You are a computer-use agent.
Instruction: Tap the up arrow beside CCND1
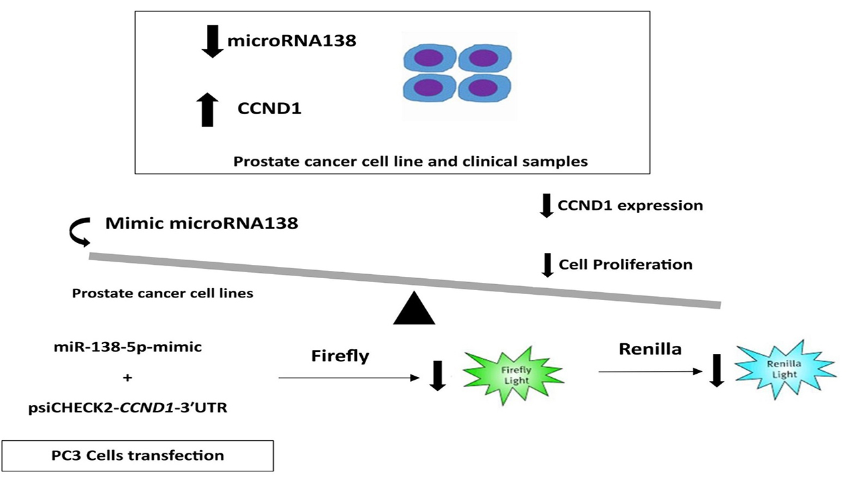[x=208, y=109]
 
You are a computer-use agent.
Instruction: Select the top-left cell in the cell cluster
[x=429, y=60]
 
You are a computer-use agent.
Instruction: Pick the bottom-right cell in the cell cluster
[x=486, y=88]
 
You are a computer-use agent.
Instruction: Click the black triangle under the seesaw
[x=414, y=309]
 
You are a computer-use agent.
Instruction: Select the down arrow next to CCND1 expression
[x=546, y=205]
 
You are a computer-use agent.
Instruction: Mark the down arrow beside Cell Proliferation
[x=547, y=264]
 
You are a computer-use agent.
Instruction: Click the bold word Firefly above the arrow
[x=340, y=356]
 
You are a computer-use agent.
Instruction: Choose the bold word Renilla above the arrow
[x=651, y=349]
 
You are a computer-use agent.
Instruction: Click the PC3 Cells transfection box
[x=137, y=455]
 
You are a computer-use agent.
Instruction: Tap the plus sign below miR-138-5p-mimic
[x=128, y=378]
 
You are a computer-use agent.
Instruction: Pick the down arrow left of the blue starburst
[x=716, y=370]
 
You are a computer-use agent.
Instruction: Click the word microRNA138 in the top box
[x=292, y=41]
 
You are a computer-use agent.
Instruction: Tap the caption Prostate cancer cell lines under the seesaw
[x=163, y=293]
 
